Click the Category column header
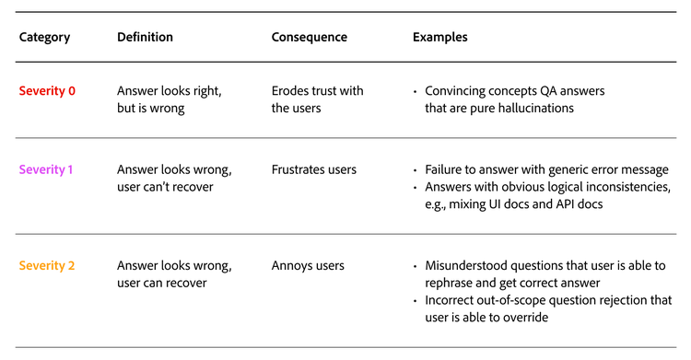(44, 38)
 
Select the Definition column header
(145, 38)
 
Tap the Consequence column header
(310, 38)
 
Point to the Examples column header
(439, 38)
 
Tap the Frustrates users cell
(314, 169)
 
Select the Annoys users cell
(308, 266)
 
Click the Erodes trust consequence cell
(317, 99)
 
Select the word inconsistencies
(607, 187)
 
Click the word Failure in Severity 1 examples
(446, 169)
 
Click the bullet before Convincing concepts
(416, 91)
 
